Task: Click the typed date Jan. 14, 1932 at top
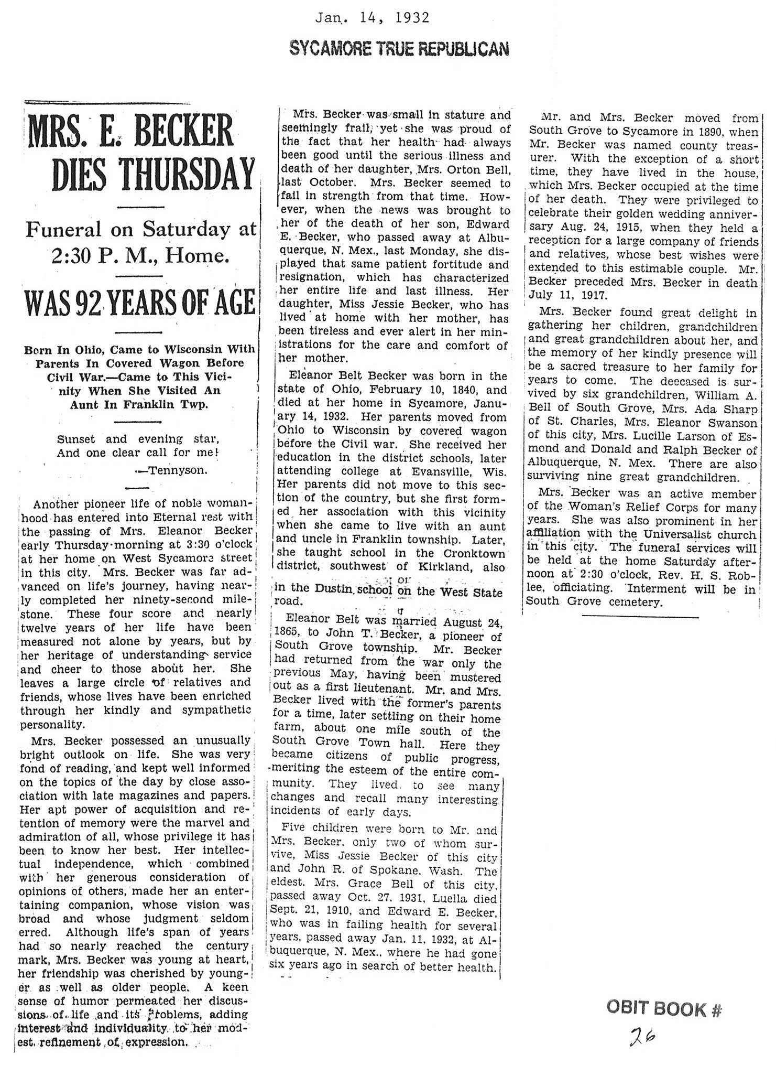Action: [x=372, y=18]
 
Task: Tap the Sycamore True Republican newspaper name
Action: [x=399, y=48]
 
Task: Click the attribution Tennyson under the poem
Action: [x=178, y=470]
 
